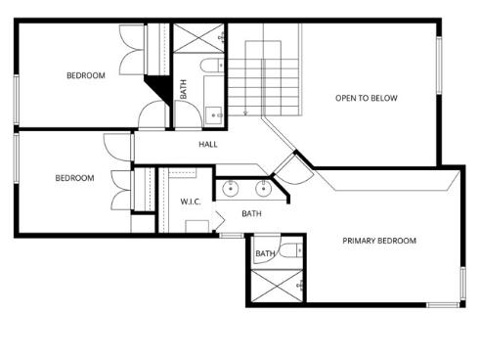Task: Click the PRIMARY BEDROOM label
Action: click(x=378, y=241)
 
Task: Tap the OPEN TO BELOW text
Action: click(x=367, y=98)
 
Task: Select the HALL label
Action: click(x=208, y=145)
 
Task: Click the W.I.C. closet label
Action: click(x=191, y=202)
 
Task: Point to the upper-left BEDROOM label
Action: click(x=85, y=76)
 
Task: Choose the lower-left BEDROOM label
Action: click(x=74, y=178)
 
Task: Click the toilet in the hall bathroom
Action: click(x=210, y=67)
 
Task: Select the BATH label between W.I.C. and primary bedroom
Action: click(x=251, y=214)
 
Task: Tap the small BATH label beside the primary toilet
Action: click(x=265, y=254)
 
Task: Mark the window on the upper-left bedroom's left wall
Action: click(x=16, y=98)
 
